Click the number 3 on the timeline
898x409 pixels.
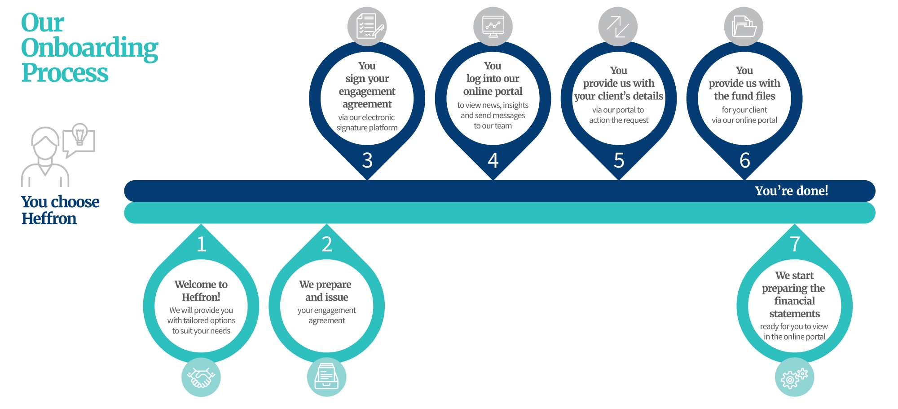point(367,160)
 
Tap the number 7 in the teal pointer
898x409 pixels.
point(795,244)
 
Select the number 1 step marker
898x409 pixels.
point(201,244)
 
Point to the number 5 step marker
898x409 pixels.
point(619,160)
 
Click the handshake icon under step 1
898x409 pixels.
point(201,378)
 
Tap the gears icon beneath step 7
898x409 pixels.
point(794,378)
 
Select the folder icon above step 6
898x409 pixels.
point(744,27)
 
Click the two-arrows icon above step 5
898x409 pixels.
point(618,27)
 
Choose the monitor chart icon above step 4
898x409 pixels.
point(493,27)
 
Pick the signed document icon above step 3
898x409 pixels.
point(367,27)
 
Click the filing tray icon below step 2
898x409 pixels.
point(326,378)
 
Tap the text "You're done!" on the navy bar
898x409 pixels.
point(791,191)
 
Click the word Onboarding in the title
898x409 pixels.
point(90,48)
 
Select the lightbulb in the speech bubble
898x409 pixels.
point(80,133)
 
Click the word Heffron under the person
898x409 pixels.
point(49,219)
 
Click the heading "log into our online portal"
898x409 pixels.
point(493,85)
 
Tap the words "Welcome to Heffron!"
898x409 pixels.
point(201,291)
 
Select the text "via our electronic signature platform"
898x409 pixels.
point(367,123)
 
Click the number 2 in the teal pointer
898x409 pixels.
point(327,244)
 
